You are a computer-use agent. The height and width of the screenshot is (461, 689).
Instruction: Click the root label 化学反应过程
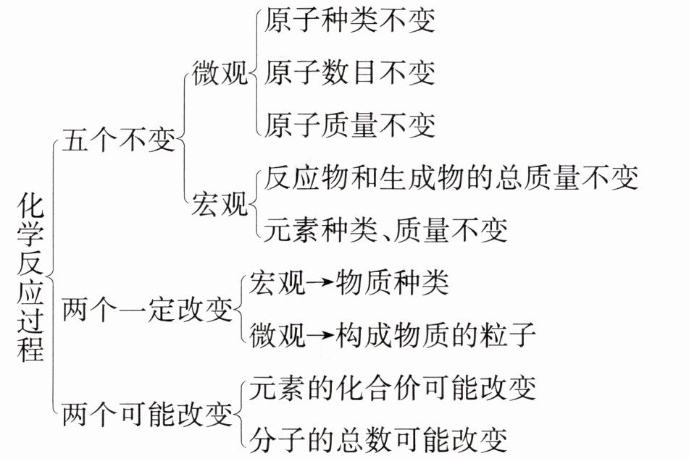click(x=30, y=277)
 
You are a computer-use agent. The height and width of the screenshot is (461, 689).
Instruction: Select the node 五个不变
click(x=119, y=140)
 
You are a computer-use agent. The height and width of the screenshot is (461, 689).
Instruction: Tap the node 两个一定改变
click(x=148, y=311)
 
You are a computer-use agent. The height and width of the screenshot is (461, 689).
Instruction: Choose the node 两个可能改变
click(x=148, y=415)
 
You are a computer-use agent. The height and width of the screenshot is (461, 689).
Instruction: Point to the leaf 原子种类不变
click(x=350, y=22)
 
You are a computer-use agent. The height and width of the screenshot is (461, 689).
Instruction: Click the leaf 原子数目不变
click(x=350, y=72)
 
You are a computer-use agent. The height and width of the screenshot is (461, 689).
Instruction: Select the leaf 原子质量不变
click(x=350, y=124)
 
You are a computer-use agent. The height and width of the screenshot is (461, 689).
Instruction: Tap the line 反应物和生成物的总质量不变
click(x=451, y=177)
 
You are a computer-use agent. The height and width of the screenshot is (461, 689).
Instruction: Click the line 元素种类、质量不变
click(x=385, y=229)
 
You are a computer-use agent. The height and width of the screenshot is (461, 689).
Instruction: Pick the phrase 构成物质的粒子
click(x=435, y=334)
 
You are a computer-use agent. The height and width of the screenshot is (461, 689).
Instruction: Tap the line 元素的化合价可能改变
click(x=392, y=388)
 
